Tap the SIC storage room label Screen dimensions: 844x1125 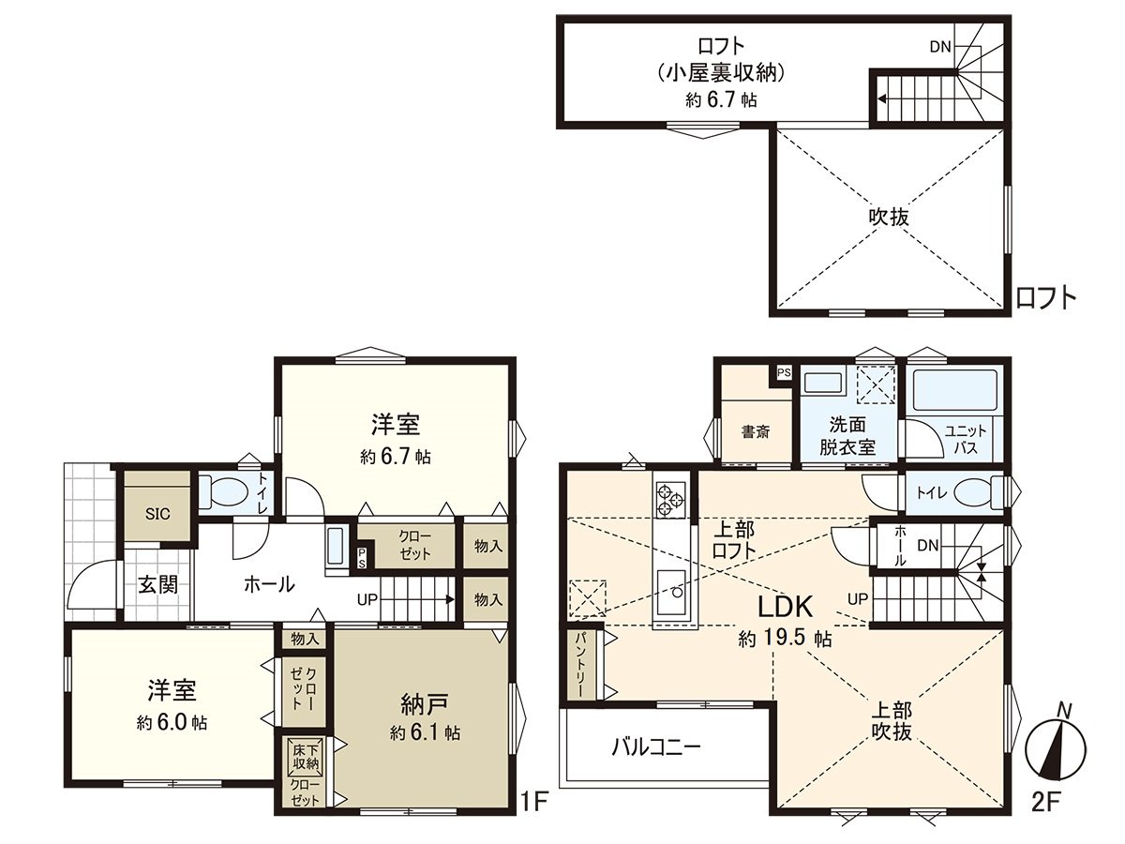(x=157, y=514)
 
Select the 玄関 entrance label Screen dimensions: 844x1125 (x=158, y=585)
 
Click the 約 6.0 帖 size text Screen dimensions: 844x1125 (x=172, y=723)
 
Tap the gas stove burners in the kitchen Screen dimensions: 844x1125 (x=672, y=497)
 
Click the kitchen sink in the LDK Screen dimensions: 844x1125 (x=672, y=589)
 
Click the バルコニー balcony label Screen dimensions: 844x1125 (x=656, y=747)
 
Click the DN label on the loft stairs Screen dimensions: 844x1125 (x=939, y=46)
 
